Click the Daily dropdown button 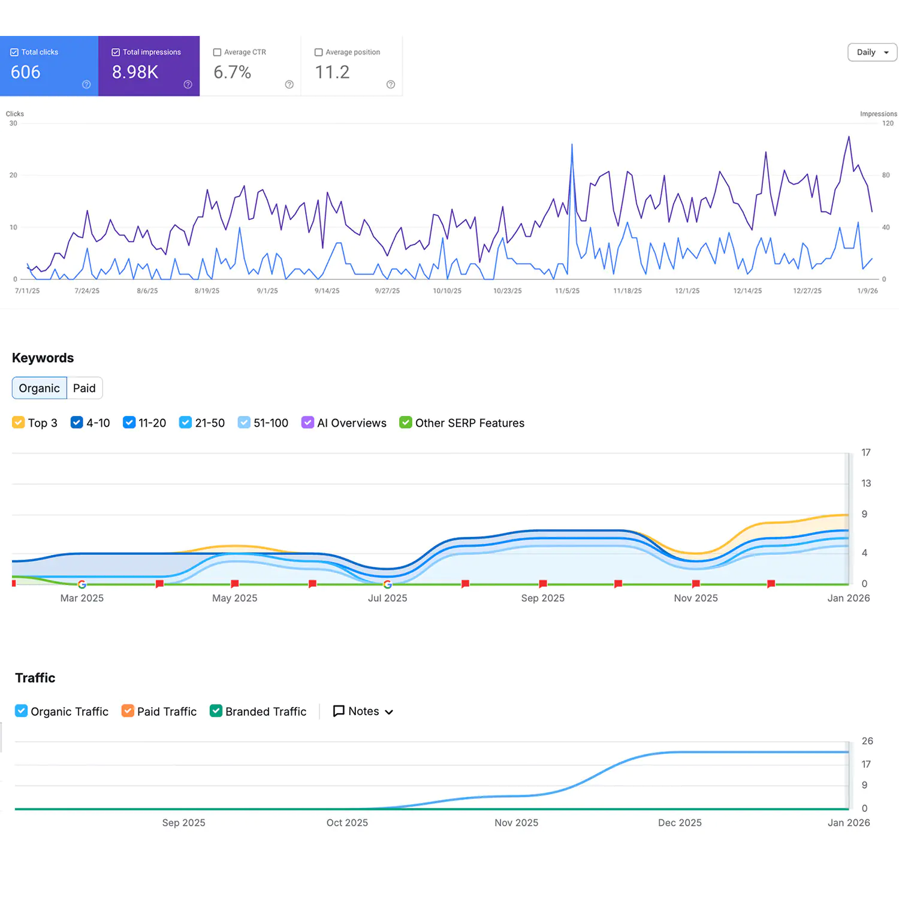tap(872, 52)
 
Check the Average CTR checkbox tap(218, 52)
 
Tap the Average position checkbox tap(319, 52)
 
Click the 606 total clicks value tap(26, 72)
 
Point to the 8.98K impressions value tap(135, 72)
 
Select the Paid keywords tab tap(85, 388)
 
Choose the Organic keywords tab tap(39, 388)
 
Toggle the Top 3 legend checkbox tap(19, 423)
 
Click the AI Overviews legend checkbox tap(307, 423)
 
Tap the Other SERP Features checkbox tap(406, 423)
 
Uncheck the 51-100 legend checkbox tap(244, 423)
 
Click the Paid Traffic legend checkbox tap(128, 711)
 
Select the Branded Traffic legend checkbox tap(216, 711)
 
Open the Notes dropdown tap(363, 711)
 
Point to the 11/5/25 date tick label tap(567, 291)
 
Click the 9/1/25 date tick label tap(267, 291)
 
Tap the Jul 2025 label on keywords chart tap(387, 598)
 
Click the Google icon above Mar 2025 tap(82, 584)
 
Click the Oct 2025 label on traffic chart tap(347, 823)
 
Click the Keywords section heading tap(43, 358)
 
